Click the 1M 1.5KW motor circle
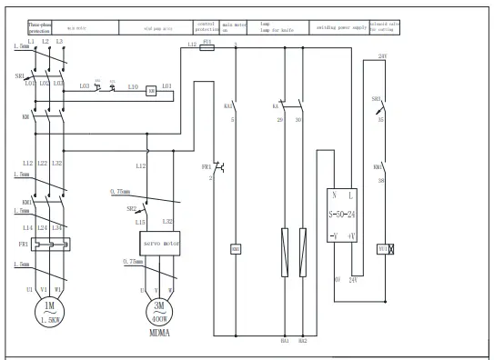(x=49, y=313)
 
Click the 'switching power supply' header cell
(x=338, y=28)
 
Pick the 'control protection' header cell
(x=207, y=28)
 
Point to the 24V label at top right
(x=383, y=56)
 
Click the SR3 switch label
(x=375, y=98)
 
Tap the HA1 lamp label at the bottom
(x=285, y=341)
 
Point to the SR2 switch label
(x=130, y=208)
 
